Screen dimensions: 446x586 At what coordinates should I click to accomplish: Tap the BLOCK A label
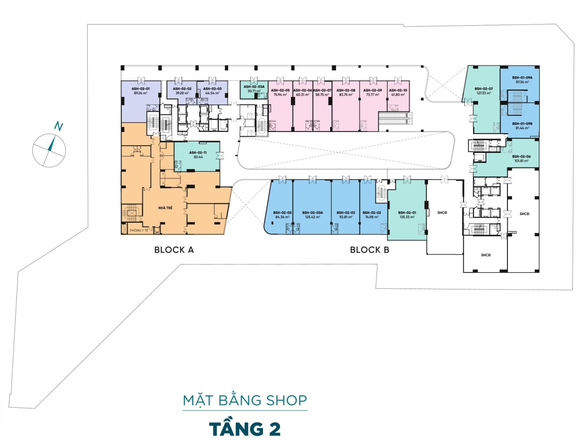click(174, 250)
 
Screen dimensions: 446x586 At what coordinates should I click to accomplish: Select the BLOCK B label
click(370, 250)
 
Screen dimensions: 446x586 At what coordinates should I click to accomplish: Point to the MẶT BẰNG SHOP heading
click(245, 401)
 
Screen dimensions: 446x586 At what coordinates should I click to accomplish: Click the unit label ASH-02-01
click(141, 89)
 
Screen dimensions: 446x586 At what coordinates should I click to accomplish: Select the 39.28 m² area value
click(182, 93)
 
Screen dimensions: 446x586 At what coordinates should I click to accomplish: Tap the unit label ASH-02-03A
click(254, 87)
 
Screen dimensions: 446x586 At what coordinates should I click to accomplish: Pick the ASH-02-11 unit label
click(198, 153)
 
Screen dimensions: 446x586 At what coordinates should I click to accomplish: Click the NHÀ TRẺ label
click(165, 208)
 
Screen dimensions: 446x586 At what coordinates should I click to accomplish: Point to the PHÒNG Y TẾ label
click(139, 230)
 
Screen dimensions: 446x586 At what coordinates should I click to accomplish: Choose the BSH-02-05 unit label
click(282, 213)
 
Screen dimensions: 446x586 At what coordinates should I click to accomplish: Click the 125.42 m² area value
click(313, 217)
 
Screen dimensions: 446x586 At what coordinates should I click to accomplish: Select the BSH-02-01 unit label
click(407, 213)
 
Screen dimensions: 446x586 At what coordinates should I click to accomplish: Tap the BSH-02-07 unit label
click(484, 89)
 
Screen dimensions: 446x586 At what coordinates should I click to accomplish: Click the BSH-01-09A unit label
click(522, 78)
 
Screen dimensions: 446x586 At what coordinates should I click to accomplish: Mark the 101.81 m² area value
click(522, 161)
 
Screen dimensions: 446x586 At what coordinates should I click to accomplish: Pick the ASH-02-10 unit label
click(398, 90)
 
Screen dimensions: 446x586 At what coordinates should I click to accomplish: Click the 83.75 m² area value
click(346, 95)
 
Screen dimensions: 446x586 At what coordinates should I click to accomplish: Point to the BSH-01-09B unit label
click(522, 124)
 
